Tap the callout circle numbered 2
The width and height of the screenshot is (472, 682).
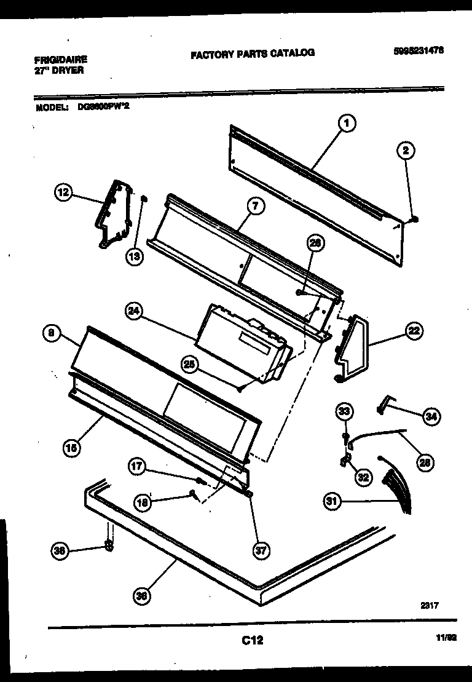[406, 150]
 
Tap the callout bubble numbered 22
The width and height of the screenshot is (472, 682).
[413, 331]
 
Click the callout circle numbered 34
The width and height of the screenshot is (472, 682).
[431, 417]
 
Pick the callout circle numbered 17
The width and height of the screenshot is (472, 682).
[137, 467]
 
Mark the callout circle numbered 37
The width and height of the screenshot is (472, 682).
[261, 550]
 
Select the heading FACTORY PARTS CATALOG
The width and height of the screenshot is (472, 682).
[253, 53]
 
